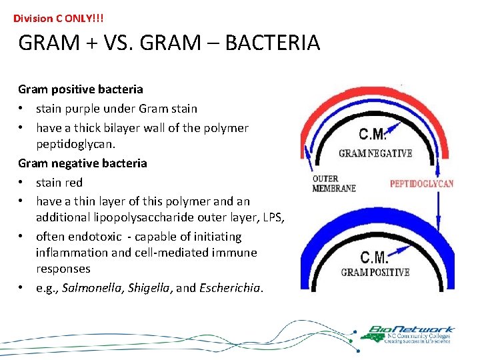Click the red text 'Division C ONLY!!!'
(59, 19)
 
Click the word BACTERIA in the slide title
(273, 43)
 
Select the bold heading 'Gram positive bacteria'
(81, 89)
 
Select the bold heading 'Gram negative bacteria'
(83, 163)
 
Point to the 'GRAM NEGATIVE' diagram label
(375, 153)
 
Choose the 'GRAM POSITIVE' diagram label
(375, 272)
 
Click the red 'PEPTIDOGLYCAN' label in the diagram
(421, 183)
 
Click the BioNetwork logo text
(413, 329)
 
